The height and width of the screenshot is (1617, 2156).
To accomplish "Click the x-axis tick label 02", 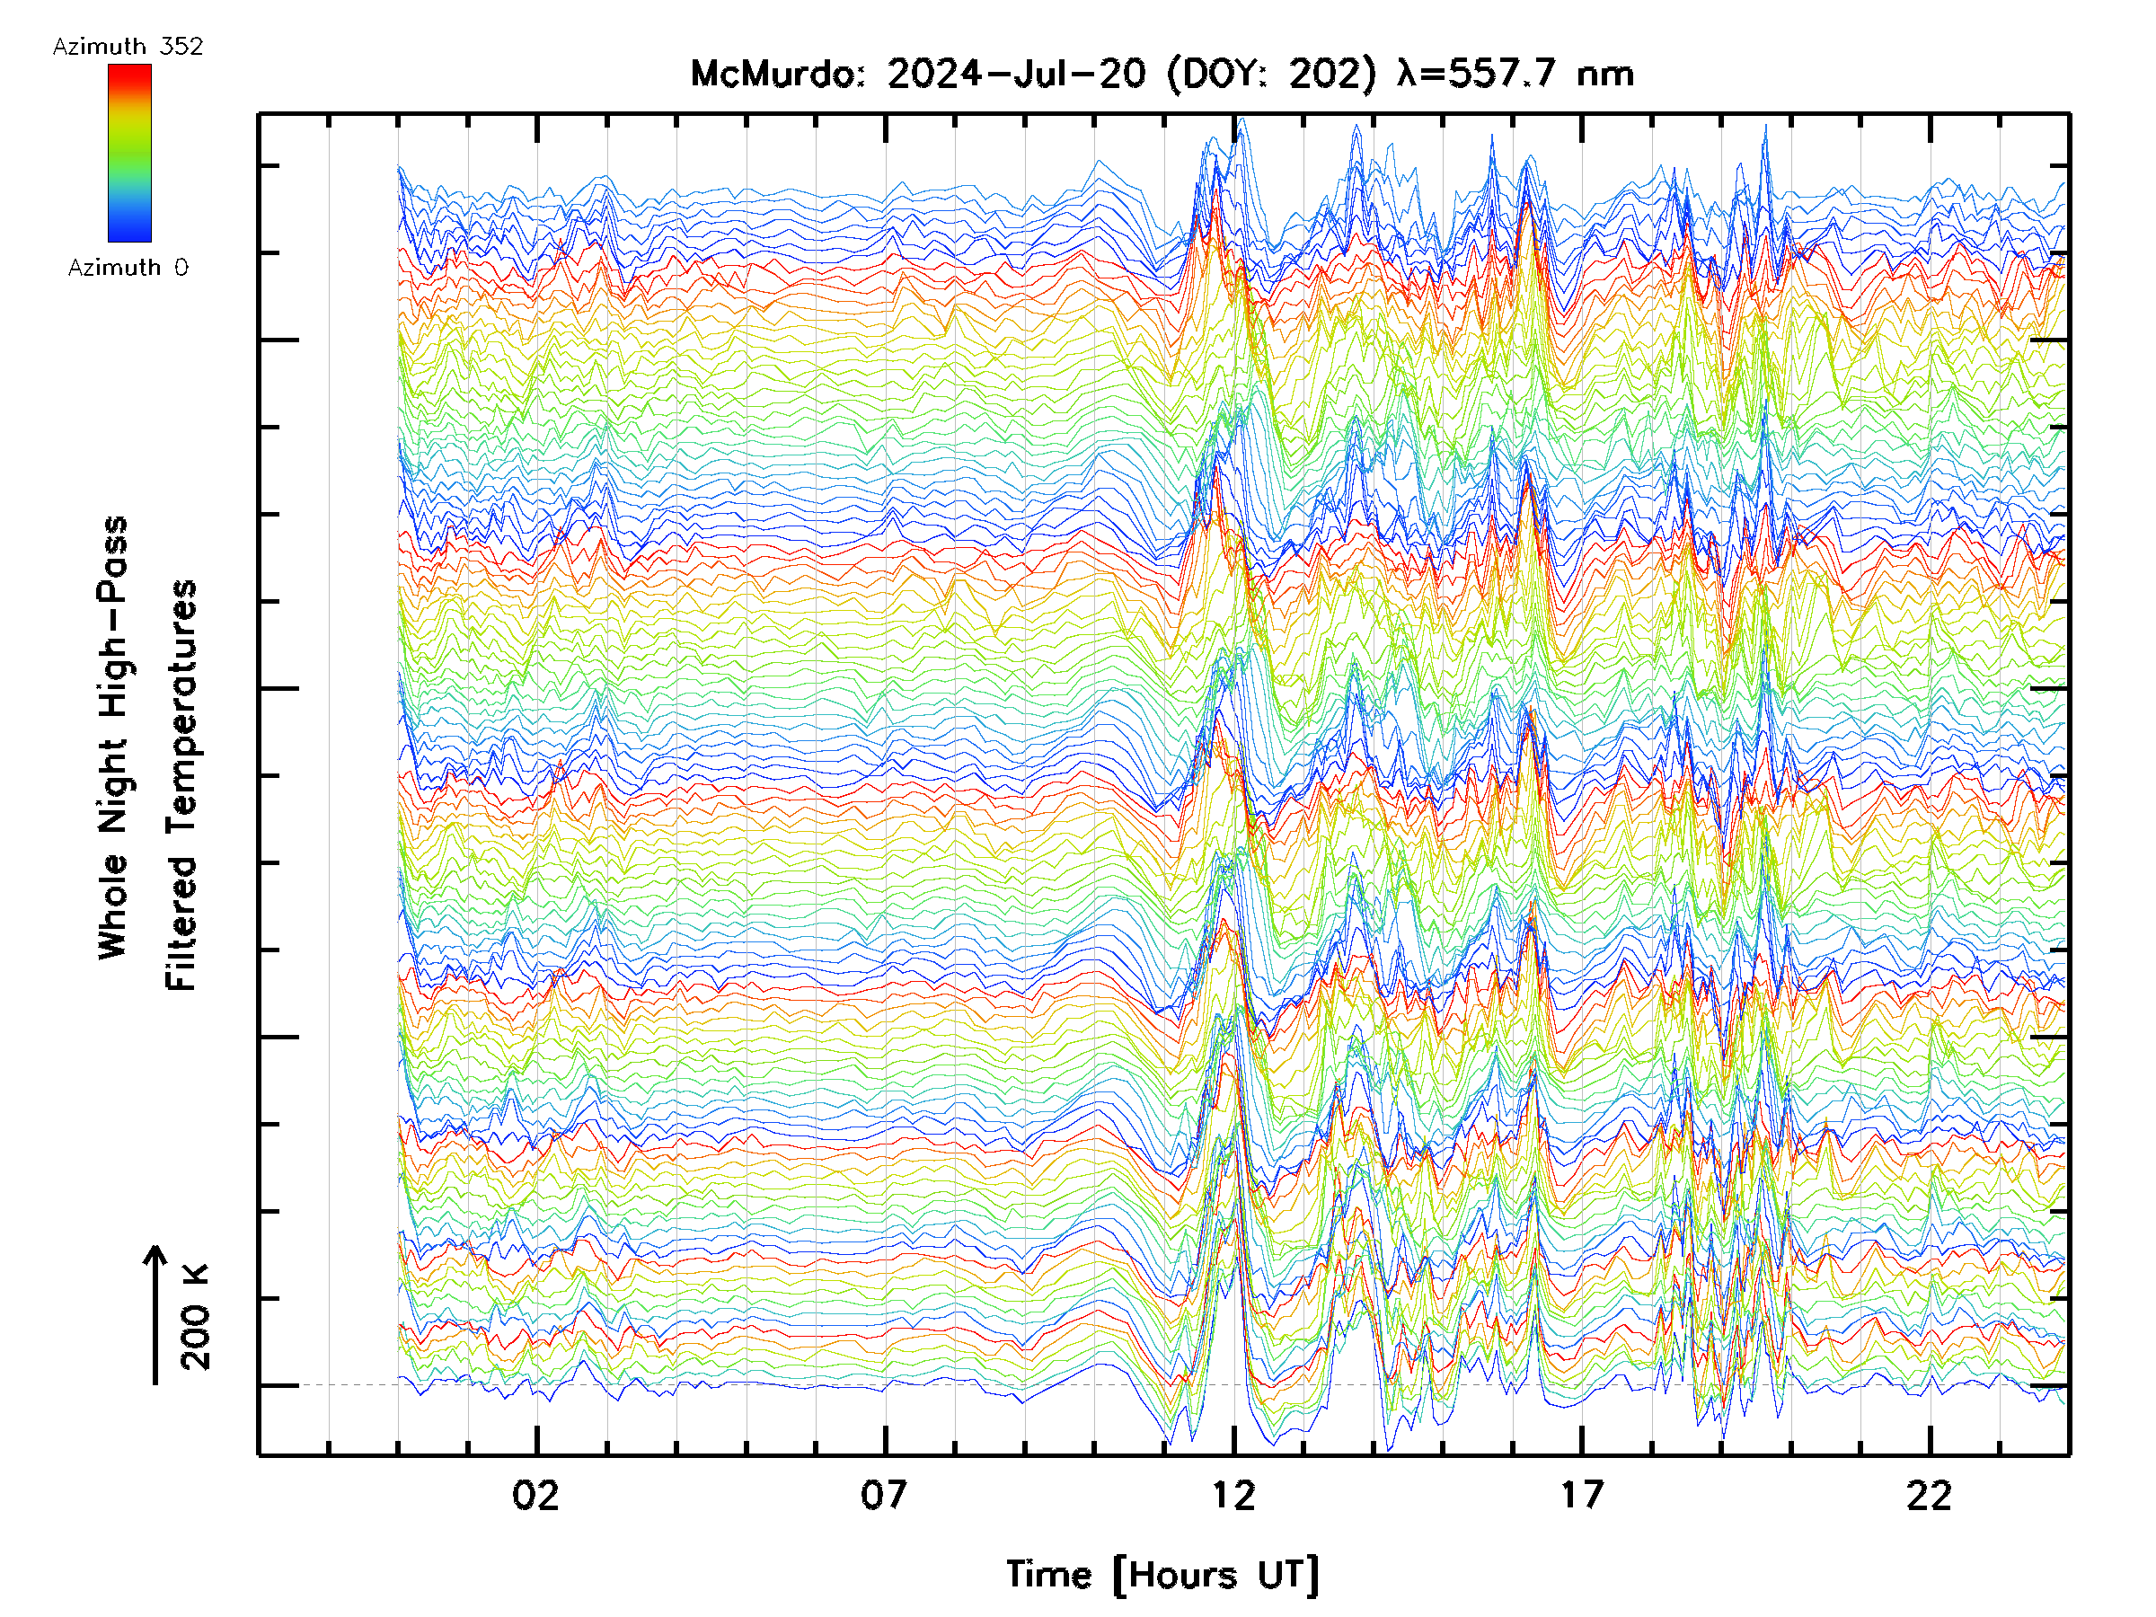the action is pos(536,1495).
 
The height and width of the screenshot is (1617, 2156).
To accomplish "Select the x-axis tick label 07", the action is pos(884,1495).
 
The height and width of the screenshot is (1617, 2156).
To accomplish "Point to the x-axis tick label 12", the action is pos(1233,1495).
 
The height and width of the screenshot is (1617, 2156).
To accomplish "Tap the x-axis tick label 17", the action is pos(1581,1495).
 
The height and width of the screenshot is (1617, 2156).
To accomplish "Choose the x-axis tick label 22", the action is pos(1930,1495).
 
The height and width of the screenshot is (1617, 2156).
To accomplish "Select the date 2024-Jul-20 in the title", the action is pos(1016,74).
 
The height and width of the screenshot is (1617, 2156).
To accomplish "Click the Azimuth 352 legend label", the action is pos(128,47).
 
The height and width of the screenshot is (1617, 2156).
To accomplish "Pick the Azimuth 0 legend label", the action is pos(128,267).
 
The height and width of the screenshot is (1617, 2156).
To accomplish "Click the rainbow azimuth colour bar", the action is pos(129,153).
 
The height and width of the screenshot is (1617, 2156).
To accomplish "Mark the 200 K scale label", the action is pos(196,1317).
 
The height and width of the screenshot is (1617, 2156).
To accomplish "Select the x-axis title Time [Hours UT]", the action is pos(1162,1575).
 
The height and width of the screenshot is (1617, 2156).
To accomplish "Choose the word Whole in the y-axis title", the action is pos(113,906).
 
